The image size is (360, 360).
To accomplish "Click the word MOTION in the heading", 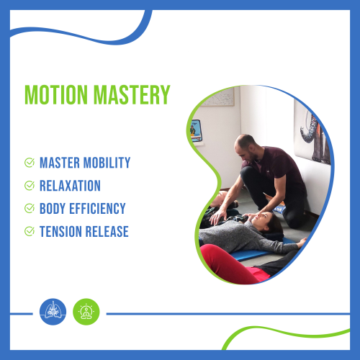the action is [x=56, y=94].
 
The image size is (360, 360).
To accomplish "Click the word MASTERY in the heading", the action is [x=132, y=94].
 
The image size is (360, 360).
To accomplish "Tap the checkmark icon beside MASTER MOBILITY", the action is [x=30, y=163].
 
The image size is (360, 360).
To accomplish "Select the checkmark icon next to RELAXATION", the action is [x=30, y=185].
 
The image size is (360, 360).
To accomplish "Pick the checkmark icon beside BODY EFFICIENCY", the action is [x=30, y=208].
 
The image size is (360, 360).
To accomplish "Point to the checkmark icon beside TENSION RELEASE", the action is [x=30, y=231].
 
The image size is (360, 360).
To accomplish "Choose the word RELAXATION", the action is [x=70, y=186].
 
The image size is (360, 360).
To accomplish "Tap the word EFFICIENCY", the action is [x=97, y=208].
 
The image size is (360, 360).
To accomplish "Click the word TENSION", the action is [x=60, y=231].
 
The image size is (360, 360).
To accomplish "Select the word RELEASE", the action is [x=107, y=231].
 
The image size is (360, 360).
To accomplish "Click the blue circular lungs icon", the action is [x=53, y=312].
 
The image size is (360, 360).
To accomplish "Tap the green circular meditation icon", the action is [x=86, y=312].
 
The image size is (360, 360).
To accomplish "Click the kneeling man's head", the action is [x=246, y=147].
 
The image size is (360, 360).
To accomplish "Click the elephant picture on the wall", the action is [x=313, y=135].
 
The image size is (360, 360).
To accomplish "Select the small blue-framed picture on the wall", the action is [x=196, y=131].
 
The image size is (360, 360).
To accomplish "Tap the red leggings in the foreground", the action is [x=230, y=265].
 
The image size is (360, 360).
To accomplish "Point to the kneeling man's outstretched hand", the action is [x=217, y=216].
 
